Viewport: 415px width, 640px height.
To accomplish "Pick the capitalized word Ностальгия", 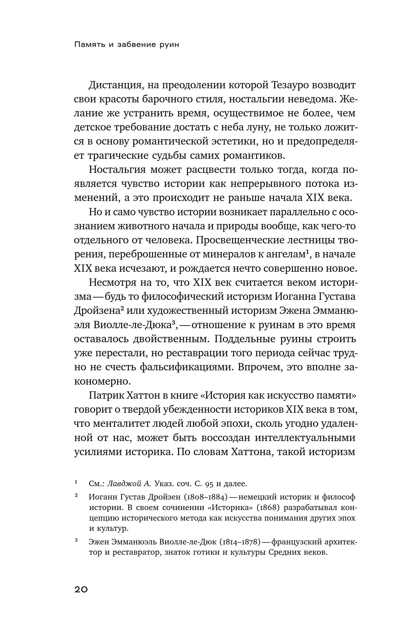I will [117, 170].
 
